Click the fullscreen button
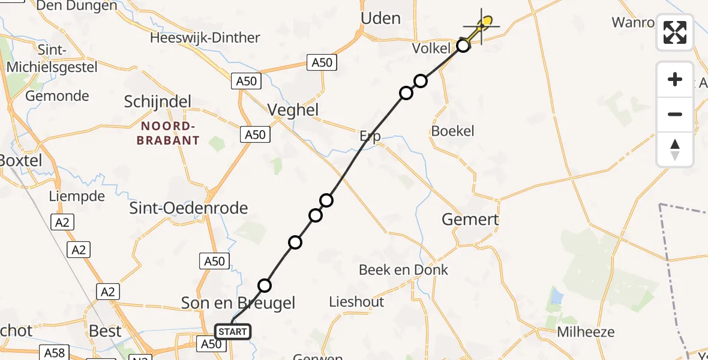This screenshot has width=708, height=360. [x=675, y=32]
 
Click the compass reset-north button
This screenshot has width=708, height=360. [x=675, y=149]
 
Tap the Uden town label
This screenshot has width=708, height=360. [x=380, y=19]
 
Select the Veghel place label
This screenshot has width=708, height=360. [x=293, y=110]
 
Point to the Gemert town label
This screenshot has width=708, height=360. [x=470, y=220]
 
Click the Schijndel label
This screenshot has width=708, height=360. [x=157, y=102]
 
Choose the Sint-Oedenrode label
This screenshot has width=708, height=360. [x=189, y=209]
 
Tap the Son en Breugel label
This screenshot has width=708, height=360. [x=238, y=303]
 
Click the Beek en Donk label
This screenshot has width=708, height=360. [x=403, y=270]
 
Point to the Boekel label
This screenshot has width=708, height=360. [x=453, y=131]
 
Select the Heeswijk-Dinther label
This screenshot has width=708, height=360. [x=205, y=38]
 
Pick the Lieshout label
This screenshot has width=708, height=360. [x=356, y=302]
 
